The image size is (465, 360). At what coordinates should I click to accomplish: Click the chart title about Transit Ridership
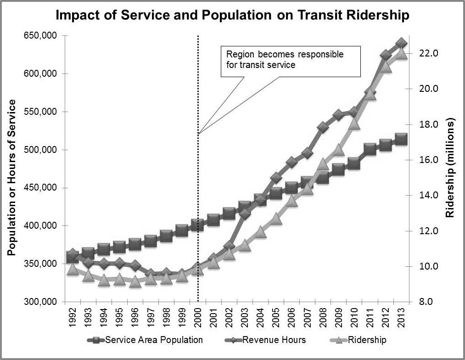point(232,15)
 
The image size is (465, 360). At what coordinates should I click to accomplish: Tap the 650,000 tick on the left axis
point(41,36)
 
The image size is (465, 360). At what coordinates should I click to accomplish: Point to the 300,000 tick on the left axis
point(41,302)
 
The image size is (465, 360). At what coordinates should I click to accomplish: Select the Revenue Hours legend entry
point(269,340)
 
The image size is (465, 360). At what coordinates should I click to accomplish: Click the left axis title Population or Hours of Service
point(12,177)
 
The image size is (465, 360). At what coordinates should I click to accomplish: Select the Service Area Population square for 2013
point(401,139)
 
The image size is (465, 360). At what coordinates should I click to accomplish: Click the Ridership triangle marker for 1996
point(135,281)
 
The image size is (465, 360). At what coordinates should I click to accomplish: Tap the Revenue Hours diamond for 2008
point(323,127)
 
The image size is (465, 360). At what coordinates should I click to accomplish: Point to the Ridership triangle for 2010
point(354,123)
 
